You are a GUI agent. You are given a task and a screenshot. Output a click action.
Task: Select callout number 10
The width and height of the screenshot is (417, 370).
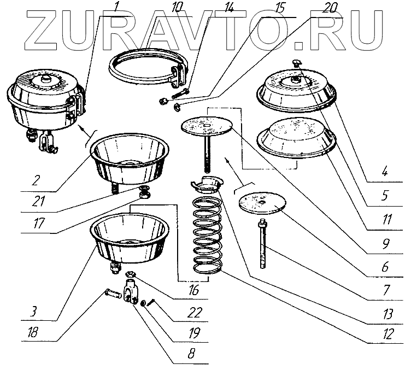(143, 8)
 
